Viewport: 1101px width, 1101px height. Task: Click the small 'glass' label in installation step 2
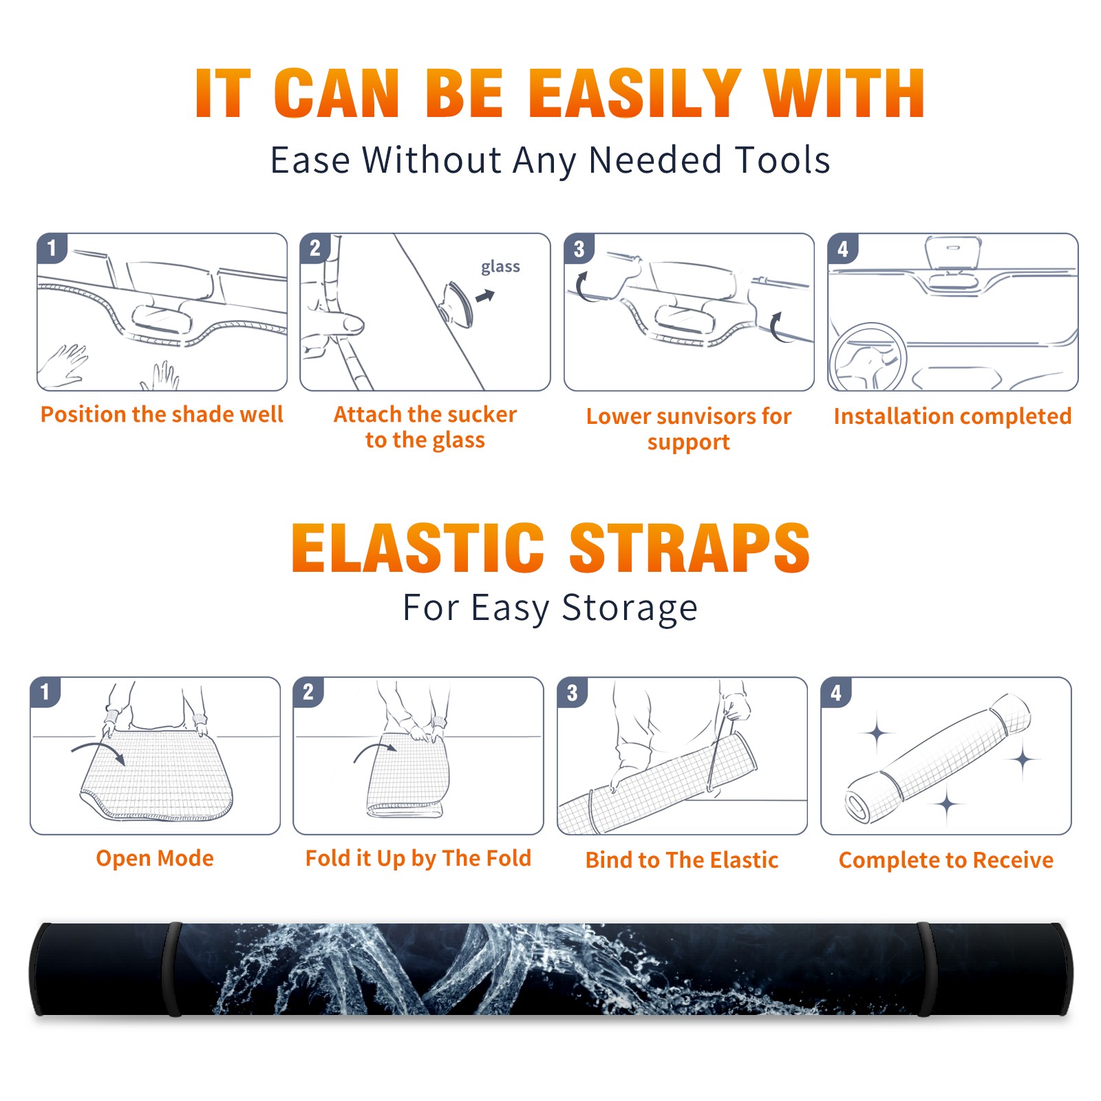coord(500,267)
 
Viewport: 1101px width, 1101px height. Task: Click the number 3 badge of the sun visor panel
coord(579,248)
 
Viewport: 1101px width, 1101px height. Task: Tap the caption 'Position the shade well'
coord(162,414)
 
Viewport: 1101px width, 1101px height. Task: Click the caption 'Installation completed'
coord(952,416)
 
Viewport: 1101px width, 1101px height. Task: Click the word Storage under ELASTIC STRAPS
coord(630,608)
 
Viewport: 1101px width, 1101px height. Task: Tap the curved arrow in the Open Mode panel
coord(98,751)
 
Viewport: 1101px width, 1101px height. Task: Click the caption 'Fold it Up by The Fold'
coord(418,858)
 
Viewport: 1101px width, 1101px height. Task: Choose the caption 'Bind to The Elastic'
coord(682,859)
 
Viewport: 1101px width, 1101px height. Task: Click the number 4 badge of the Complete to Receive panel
coord(836,692)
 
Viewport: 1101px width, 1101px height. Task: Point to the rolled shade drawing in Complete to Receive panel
coord(939,758)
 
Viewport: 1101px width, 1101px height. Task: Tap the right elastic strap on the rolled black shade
coord(923,969)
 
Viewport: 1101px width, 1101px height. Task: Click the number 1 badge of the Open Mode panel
coord(45,692)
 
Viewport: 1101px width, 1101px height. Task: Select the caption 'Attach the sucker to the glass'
coord(425,427)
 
